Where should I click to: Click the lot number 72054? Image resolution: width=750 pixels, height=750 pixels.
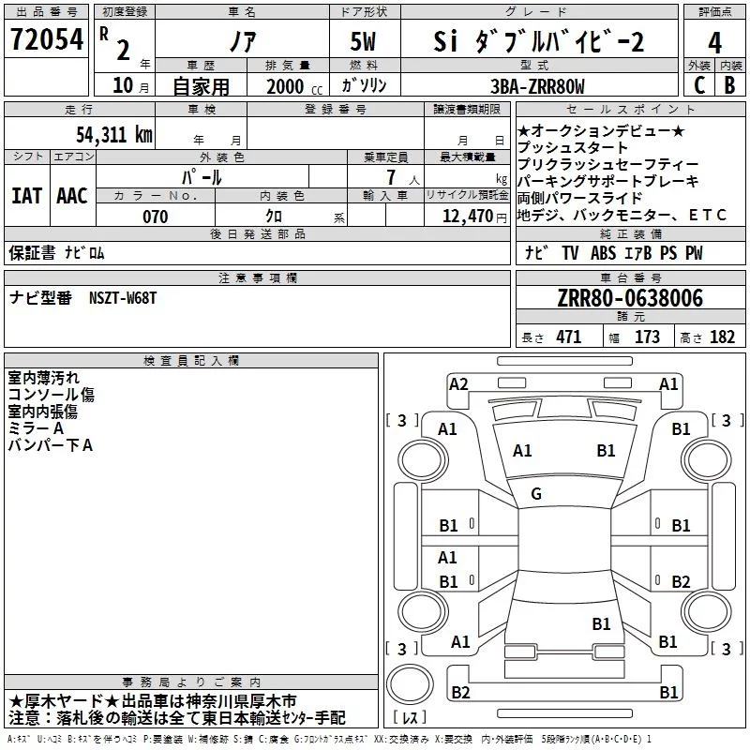47,39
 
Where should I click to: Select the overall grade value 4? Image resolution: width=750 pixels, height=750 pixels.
714,42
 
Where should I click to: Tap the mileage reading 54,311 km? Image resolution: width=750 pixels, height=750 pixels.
114,135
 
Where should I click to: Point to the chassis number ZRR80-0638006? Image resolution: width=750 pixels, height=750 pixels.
630,298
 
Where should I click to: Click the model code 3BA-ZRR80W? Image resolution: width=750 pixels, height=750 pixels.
537,86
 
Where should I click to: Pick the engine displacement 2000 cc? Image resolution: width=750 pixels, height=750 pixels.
294,86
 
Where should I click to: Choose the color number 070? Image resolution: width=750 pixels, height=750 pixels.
155,217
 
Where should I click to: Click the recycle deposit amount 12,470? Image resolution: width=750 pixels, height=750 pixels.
467,217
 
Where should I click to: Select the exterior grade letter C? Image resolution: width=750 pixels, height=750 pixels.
699,85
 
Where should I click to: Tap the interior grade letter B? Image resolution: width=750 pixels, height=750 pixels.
729,85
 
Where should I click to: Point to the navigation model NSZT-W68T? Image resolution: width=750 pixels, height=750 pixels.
123,298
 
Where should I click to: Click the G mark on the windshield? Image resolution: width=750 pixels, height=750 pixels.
536,494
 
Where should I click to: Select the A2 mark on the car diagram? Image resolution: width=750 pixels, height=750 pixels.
458,384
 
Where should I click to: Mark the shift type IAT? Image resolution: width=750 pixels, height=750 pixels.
26,196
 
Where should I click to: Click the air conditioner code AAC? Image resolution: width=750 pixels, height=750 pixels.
72,196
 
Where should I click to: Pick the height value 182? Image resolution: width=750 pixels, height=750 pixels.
722,337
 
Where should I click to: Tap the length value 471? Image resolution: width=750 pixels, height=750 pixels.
569,337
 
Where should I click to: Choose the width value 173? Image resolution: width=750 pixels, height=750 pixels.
647,337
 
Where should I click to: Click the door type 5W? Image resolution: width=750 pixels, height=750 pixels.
363,41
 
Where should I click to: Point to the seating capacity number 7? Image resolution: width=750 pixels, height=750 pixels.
391,177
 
